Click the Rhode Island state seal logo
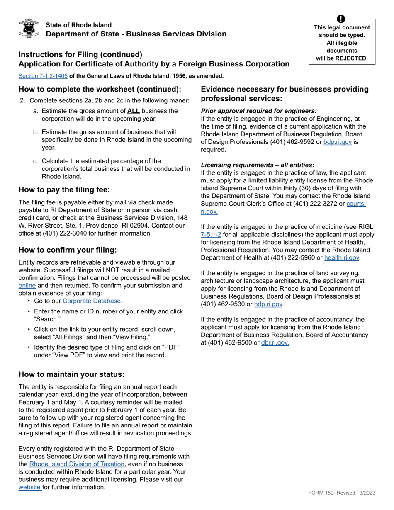click(29, 28)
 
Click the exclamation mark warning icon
click(341, 19)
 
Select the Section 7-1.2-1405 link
click(43, 76)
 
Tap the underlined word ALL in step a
click(134, 111)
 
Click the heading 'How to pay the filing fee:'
click(64, 190)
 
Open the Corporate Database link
click(92, 301)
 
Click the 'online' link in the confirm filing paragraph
click(27, 286)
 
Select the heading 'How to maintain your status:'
click(71, 374)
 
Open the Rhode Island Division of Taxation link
click(77, 464)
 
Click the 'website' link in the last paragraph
click(30, 487)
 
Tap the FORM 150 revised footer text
click(341, 493)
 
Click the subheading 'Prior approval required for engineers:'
click(259, 111)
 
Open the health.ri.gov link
click(341, 258)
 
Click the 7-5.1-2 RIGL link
click(211, 235)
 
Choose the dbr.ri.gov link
click(275, 342)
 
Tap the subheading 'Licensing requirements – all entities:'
click(258, 165)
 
